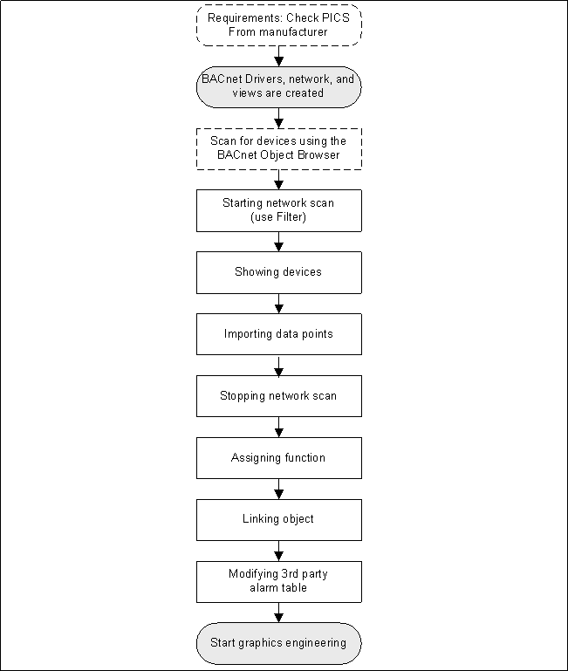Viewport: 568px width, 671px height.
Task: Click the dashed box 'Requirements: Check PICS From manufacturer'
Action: (x=278, y=25)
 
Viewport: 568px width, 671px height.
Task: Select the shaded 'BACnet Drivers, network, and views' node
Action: (x=278, y=86)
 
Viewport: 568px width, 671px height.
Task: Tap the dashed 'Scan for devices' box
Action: (x=278, y=148)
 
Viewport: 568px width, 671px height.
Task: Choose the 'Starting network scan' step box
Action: (x=278, y=210)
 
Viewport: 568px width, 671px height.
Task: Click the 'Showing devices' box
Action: (x=278, y=272)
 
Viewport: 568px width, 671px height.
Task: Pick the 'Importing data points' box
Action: (x=278, y=334)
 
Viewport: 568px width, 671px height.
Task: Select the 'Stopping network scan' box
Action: (x=278, y=396)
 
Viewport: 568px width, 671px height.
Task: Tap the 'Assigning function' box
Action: (x=278, y=458)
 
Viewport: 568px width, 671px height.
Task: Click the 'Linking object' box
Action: (x=278, y=519)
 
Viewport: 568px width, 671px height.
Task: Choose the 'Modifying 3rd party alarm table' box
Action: (x=278, y=581)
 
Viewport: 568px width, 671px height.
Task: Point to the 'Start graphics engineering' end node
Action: (x=278, y=643)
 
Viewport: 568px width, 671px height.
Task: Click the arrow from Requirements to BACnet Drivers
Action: (x=278, y=56)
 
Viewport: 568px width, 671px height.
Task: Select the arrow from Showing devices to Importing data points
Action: (x=278, y=304)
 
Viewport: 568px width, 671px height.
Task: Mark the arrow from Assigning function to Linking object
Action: (x=278, y=489)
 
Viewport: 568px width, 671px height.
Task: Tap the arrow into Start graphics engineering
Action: (x=278, y=613)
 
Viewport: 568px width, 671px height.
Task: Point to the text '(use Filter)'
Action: (x=278, y=217)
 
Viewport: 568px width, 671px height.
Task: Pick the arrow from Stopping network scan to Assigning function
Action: (x=278, y=428)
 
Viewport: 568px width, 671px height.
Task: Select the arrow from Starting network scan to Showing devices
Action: (x=278, y=242)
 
